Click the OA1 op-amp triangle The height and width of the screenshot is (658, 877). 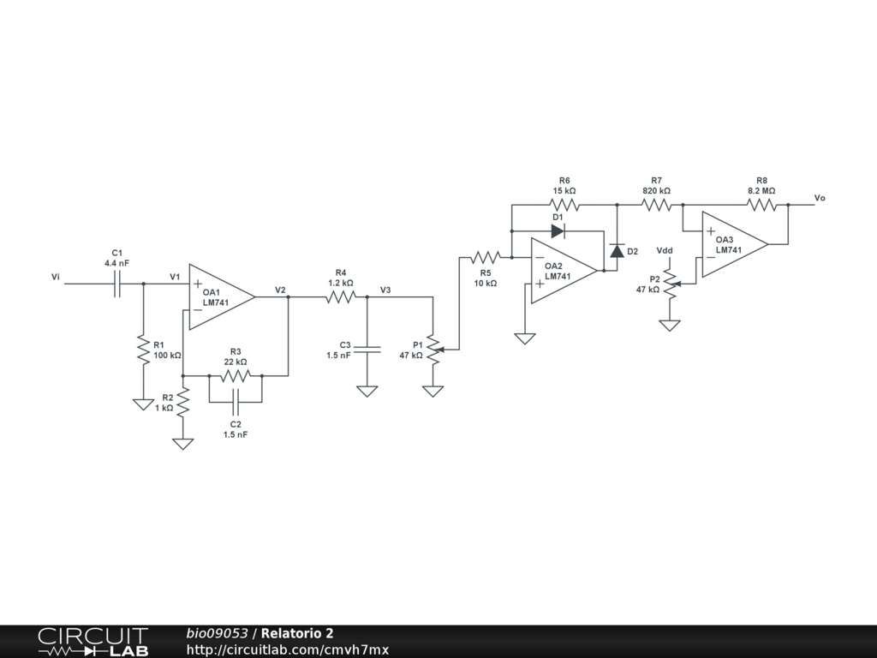222,297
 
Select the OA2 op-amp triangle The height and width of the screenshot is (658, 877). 564,271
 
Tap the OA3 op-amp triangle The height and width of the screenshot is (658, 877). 735,244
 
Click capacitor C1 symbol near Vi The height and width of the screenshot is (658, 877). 116,284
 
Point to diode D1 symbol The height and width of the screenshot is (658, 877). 558,231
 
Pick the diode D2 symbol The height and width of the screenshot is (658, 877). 617,251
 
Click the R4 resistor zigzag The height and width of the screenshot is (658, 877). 341,297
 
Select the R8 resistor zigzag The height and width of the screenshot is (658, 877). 761,205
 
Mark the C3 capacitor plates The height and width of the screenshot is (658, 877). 367,350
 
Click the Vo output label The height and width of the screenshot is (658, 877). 820,198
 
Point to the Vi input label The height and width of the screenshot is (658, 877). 56,277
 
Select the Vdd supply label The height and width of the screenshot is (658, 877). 665,251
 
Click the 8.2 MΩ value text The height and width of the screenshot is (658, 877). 761,191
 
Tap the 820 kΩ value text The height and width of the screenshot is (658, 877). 656,191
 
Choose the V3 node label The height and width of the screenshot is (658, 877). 385,290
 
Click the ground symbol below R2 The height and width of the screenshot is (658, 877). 183,444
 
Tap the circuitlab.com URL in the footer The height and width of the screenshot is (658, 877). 288,649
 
